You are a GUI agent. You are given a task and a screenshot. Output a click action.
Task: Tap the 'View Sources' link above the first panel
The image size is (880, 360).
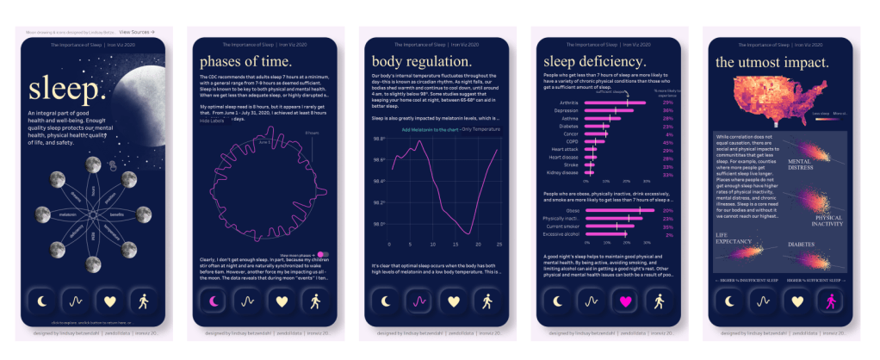137,31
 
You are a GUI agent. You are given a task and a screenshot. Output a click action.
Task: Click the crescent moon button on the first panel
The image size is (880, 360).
40,302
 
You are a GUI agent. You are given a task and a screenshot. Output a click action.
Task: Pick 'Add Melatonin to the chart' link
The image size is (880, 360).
430,129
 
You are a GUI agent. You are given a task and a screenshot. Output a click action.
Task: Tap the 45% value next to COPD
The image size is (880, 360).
667,142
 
